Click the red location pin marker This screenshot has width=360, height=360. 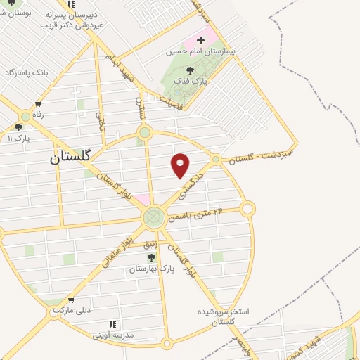coord(181,164)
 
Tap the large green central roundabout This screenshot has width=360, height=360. coord(153,218)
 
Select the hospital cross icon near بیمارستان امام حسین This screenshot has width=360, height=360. coord(201,40)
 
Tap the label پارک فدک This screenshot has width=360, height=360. coord(190,82)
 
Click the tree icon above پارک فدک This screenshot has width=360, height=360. coord(190,70)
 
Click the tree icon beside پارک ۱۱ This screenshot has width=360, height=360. coord(18,127)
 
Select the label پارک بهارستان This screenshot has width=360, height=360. coord(148,269)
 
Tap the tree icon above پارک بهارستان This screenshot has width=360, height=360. coord(150,257)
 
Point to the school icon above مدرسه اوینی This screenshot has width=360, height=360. coord(112,324)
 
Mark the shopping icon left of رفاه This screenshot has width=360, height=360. coord(26,115)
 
